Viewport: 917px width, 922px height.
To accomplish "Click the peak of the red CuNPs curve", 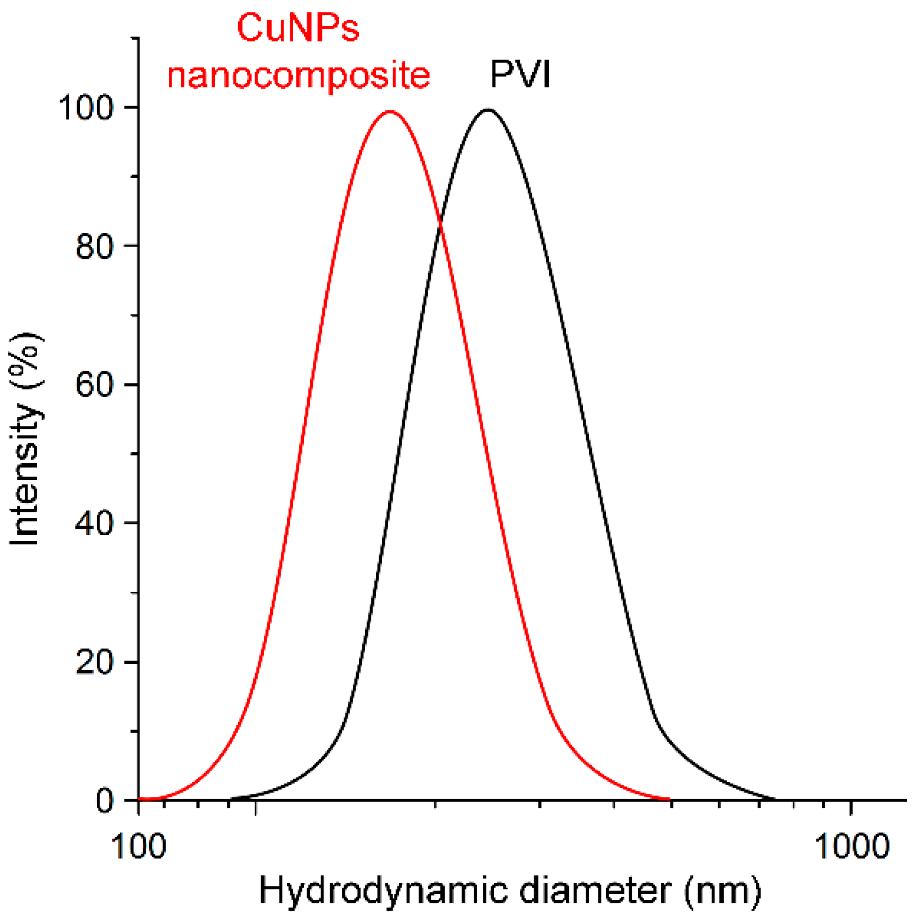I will tap(390, 111).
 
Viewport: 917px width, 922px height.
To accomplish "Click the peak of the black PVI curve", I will tap(488, 110).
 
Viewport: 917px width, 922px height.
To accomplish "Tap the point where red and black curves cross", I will tap(440, 224).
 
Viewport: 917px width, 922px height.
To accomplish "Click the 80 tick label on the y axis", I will tap(95, 246).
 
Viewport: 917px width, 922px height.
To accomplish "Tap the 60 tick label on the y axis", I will tap(95, 385).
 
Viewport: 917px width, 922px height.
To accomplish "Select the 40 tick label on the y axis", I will tap(95, 523).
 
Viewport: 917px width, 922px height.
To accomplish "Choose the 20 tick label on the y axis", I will tap(95, 662).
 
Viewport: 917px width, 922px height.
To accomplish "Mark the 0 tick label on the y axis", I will tap(105, 800).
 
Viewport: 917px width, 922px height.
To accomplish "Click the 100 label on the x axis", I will tap(139, 845).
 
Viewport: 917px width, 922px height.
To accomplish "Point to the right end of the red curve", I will tap(668, 798).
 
